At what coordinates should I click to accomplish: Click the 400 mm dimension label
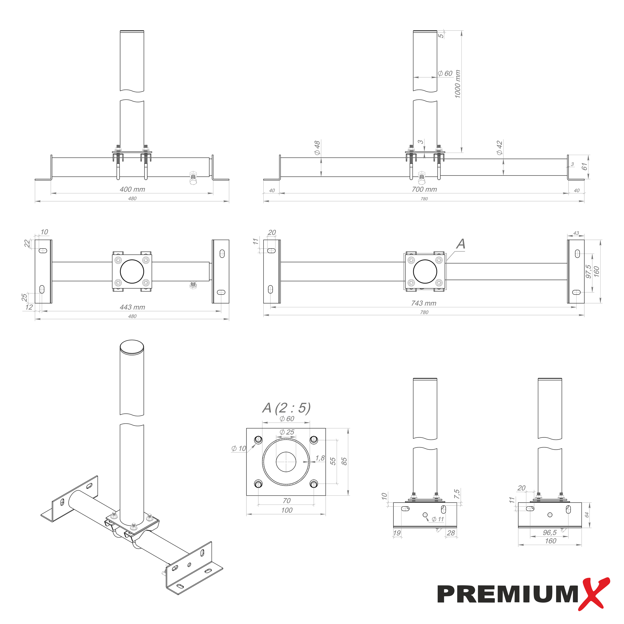[132, 189]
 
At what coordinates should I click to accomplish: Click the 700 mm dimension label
[424, 189]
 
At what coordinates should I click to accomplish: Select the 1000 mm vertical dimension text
[457, 84]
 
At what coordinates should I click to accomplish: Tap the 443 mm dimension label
[132, 307]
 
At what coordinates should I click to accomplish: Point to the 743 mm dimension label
[424, 303]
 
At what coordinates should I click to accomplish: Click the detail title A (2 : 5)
[286, 408]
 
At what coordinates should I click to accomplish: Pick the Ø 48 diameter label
[317, 148]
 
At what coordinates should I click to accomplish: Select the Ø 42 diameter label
[500, 148]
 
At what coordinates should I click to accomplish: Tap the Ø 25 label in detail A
[287, 432]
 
